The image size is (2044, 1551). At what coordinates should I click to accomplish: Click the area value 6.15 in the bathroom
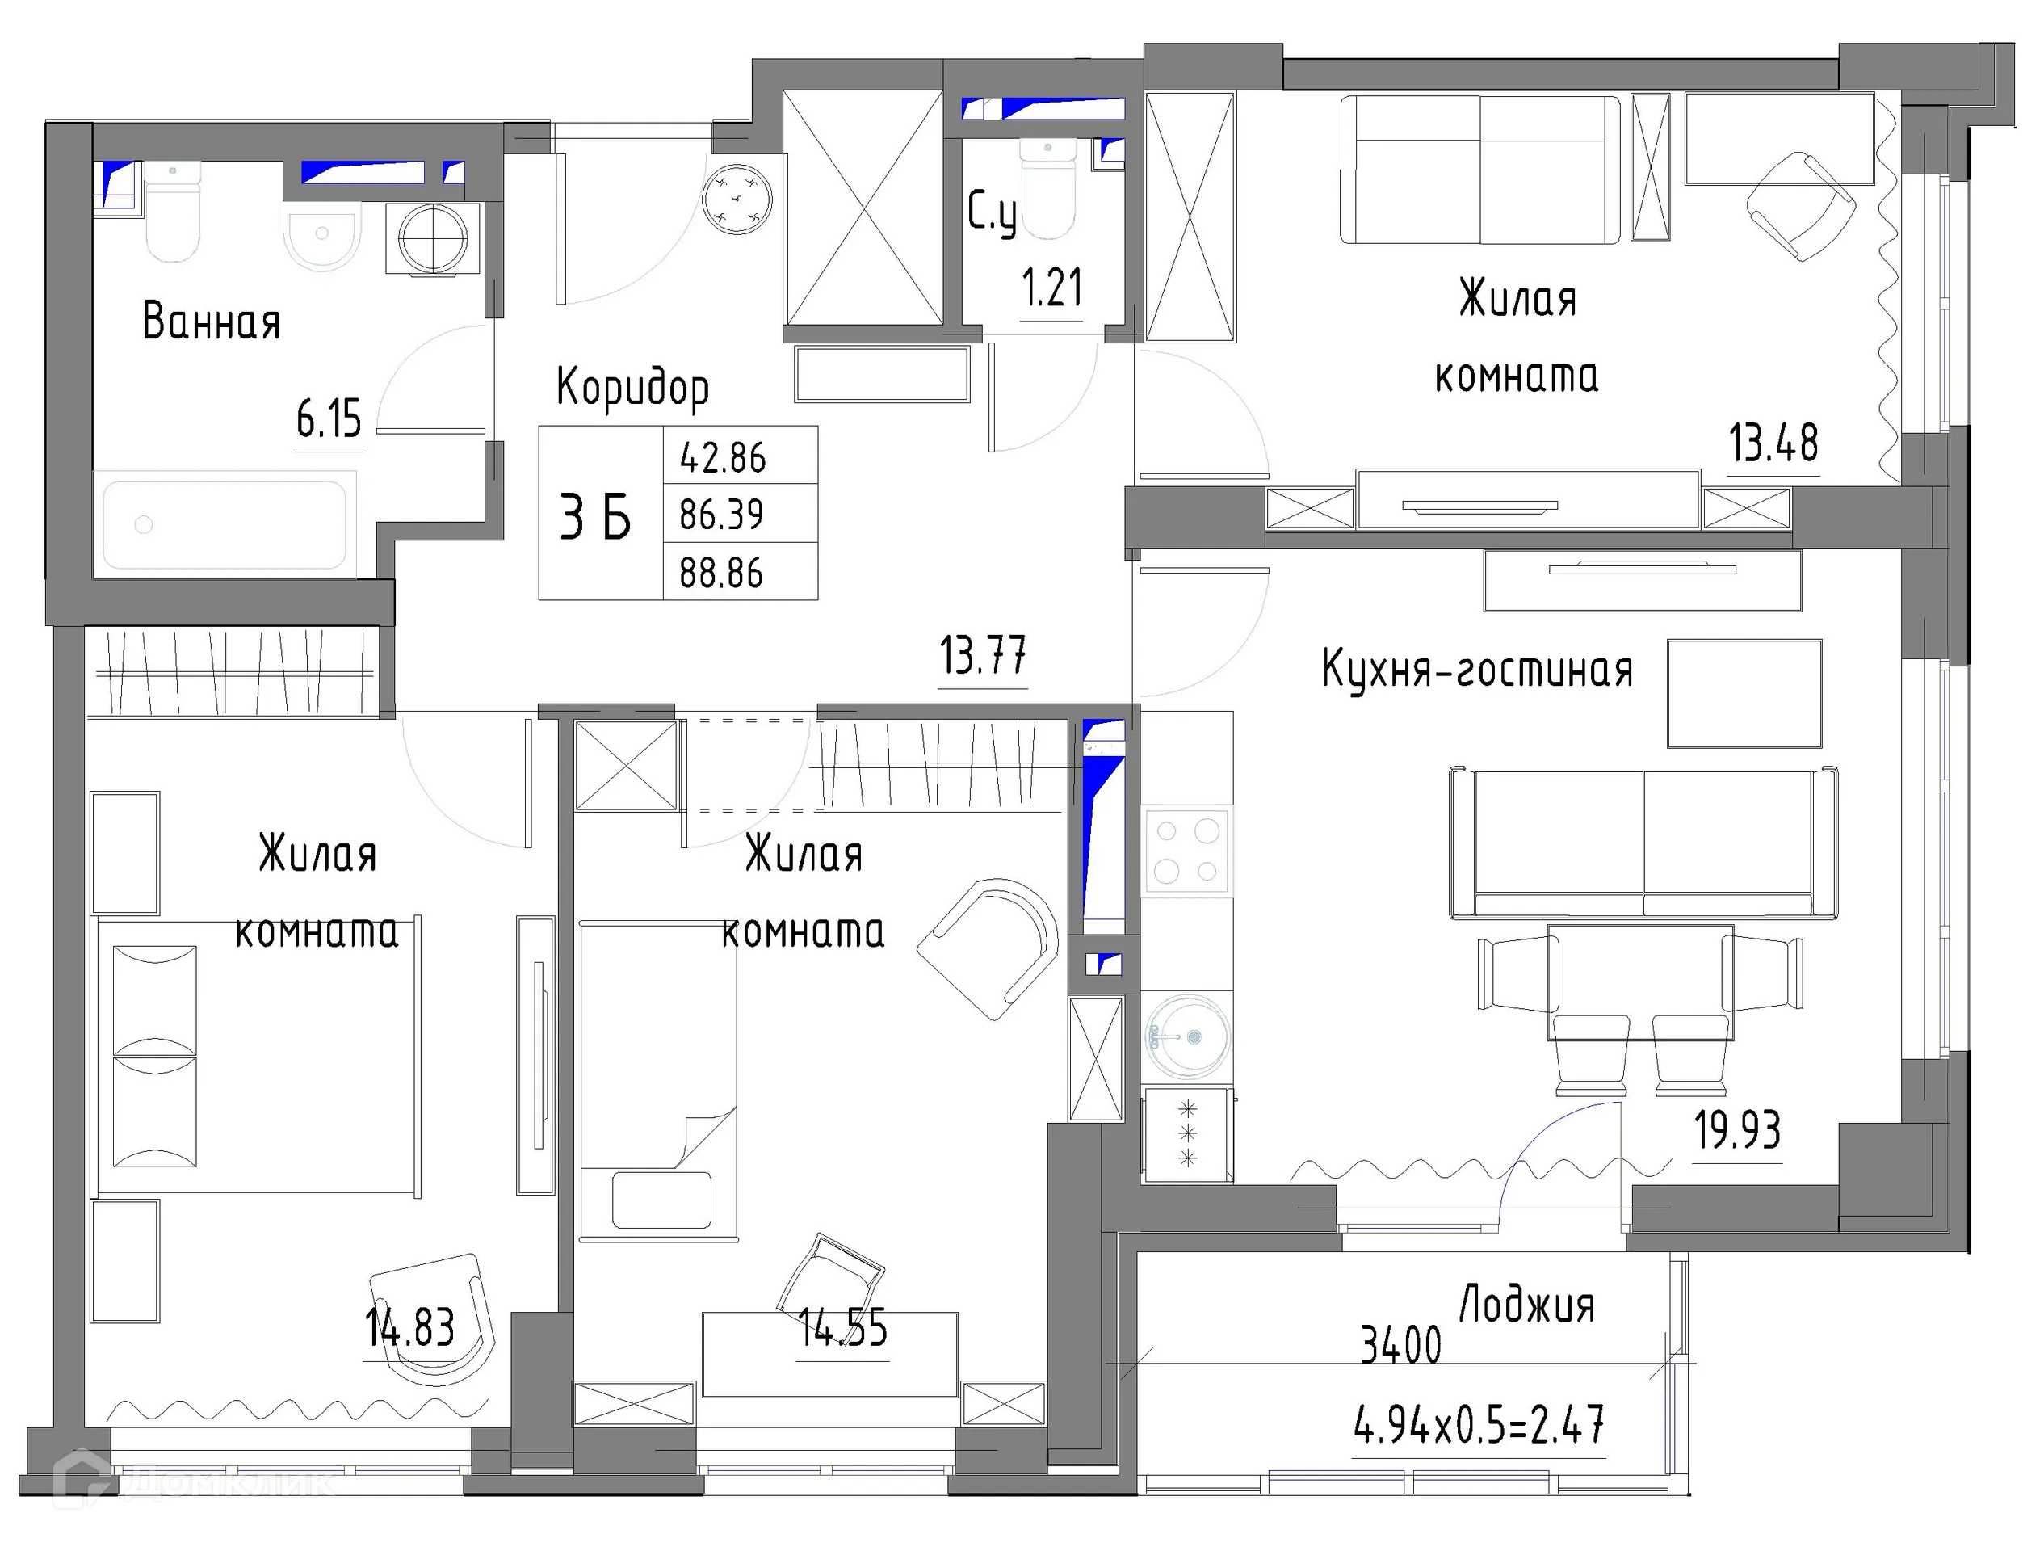click(x=329, y=419)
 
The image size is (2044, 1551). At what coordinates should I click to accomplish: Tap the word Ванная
click(x=211, y=322)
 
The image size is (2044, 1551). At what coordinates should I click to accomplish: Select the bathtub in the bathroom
click(x=225, y=525)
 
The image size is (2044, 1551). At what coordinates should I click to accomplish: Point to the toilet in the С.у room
click(x=1049, y=190)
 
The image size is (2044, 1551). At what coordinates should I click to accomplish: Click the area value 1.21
click(x=1051, y=288)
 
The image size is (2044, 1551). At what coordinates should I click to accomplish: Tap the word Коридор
click(x=633, y=387)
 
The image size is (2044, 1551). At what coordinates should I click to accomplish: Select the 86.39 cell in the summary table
click(x=722, y=515)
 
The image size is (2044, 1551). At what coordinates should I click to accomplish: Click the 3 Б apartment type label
click(x=596, y=517)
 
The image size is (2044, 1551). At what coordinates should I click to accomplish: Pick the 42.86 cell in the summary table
click(x=723, y=457)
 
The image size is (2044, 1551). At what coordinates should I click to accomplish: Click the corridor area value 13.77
click(x=982, y=656)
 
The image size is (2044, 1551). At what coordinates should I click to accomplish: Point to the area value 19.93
click(x=1737, y=1129)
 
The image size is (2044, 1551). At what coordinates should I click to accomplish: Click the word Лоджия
click(x=1526, y=1305)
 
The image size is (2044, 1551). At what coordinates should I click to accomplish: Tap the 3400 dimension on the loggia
click(x=1401, y=1345)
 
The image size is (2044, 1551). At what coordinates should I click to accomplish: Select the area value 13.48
click(x=1773, y=443)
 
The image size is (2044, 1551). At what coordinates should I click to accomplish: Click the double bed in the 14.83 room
click(x=258, y=1056)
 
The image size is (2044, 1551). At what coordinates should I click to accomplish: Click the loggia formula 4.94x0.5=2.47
click(x=1479, y=1424)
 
